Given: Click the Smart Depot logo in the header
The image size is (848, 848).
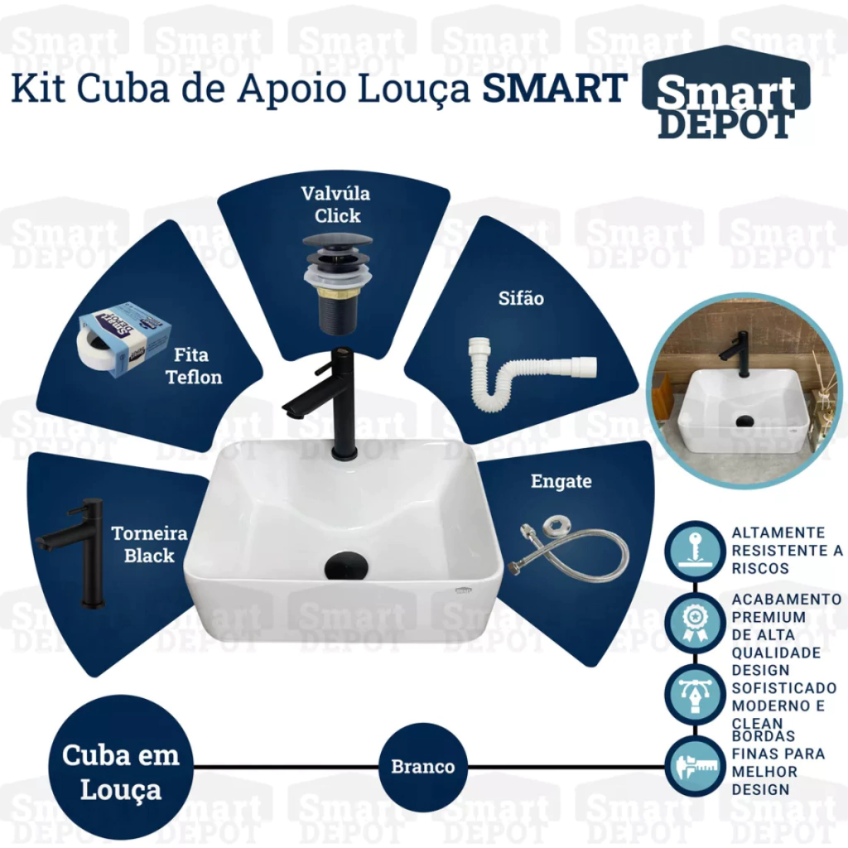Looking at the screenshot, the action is pos(725,93).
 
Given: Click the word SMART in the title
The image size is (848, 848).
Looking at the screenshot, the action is pos(555,88).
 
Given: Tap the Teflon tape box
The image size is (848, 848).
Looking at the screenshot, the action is pos(124,339).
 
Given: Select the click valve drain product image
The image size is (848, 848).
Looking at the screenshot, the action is pos(338,285).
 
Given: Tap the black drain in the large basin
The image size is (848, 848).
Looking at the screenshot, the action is pos(347,566).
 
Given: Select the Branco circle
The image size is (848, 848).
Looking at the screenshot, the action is pos(423,767).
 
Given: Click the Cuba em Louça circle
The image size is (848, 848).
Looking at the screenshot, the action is pos(121,767).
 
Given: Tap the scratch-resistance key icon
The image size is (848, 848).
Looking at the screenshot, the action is pos(695,551).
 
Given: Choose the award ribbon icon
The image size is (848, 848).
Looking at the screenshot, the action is pos(695,623).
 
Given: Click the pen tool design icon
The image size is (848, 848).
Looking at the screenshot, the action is pos(695,695).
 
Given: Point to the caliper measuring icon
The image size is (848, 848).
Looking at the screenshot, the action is pos(695,766).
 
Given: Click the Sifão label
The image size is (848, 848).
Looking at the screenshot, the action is pos(521,298).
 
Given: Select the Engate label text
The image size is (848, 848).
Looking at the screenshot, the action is pos(561,481).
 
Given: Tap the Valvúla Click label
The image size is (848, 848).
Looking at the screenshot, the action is pos(336,205).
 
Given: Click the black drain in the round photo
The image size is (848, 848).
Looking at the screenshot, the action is pos(744,420).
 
